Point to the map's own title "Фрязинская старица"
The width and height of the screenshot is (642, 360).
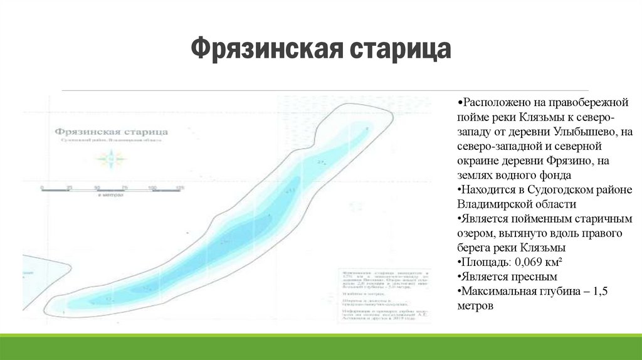pyautogui.click(x=111, y=132)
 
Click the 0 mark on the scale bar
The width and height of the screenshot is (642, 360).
pyautogui.click(x=41, y=188)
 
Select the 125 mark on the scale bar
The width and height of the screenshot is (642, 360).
pyautogui.click(x=180, y=188)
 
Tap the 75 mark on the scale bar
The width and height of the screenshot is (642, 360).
pyautogui.click(x=124, y=188)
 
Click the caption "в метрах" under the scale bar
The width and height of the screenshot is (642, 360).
pyautogui.click(x=110, y=196)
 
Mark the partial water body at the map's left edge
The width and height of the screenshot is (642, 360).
pyautogui.click(x=44, y=282)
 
